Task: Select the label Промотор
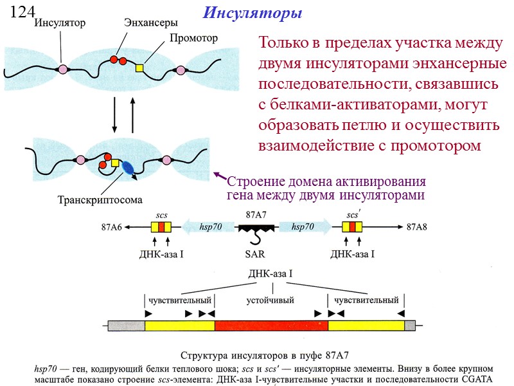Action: point(193,38)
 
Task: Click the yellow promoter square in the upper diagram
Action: point(139,67)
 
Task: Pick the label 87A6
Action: point(112,227)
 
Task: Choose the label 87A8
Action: point(417,227)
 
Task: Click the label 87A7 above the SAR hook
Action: point(258,215)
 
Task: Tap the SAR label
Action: point(256,254)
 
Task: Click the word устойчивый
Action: point(270,300)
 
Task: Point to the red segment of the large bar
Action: point(271,326)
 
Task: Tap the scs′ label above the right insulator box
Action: point(353,215)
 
